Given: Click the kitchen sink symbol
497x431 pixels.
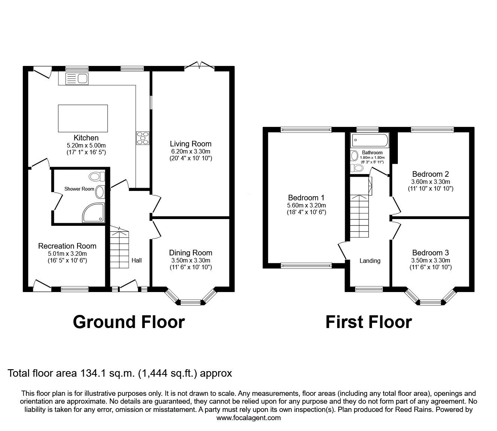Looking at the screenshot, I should tap(76, 78).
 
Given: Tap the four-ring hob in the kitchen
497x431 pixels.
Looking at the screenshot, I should tap(143, 137).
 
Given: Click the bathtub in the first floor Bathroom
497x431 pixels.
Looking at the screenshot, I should tap(369, 140).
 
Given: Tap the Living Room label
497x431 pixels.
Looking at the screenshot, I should tap(190, 144).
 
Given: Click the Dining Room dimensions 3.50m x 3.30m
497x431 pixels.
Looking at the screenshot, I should tap(190, 261).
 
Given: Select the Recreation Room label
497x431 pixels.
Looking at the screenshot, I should tap(67, 246).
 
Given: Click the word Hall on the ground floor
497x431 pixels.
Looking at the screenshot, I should tap(137, 260).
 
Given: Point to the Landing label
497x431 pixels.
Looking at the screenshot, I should tap(370, 261).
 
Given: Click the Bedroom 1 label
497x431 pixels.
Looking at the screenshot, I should tap(306, 198).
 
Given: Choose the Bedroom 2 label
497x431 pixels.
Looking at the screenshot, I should tap(430, 174).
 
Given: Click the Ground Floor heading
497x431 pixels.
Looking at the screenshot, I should tap(129, 322).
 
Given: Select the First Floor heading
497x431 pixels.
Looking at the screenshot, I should tap(369, 322).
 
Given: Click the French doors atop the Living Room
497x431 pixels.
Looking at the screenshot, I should tap(199, 66).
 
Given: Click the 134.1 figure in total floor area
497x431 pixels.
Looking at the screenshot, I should tap(91, 373).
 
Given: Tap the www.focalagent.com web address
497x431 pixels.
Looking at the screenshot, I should tap(248, 418).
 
